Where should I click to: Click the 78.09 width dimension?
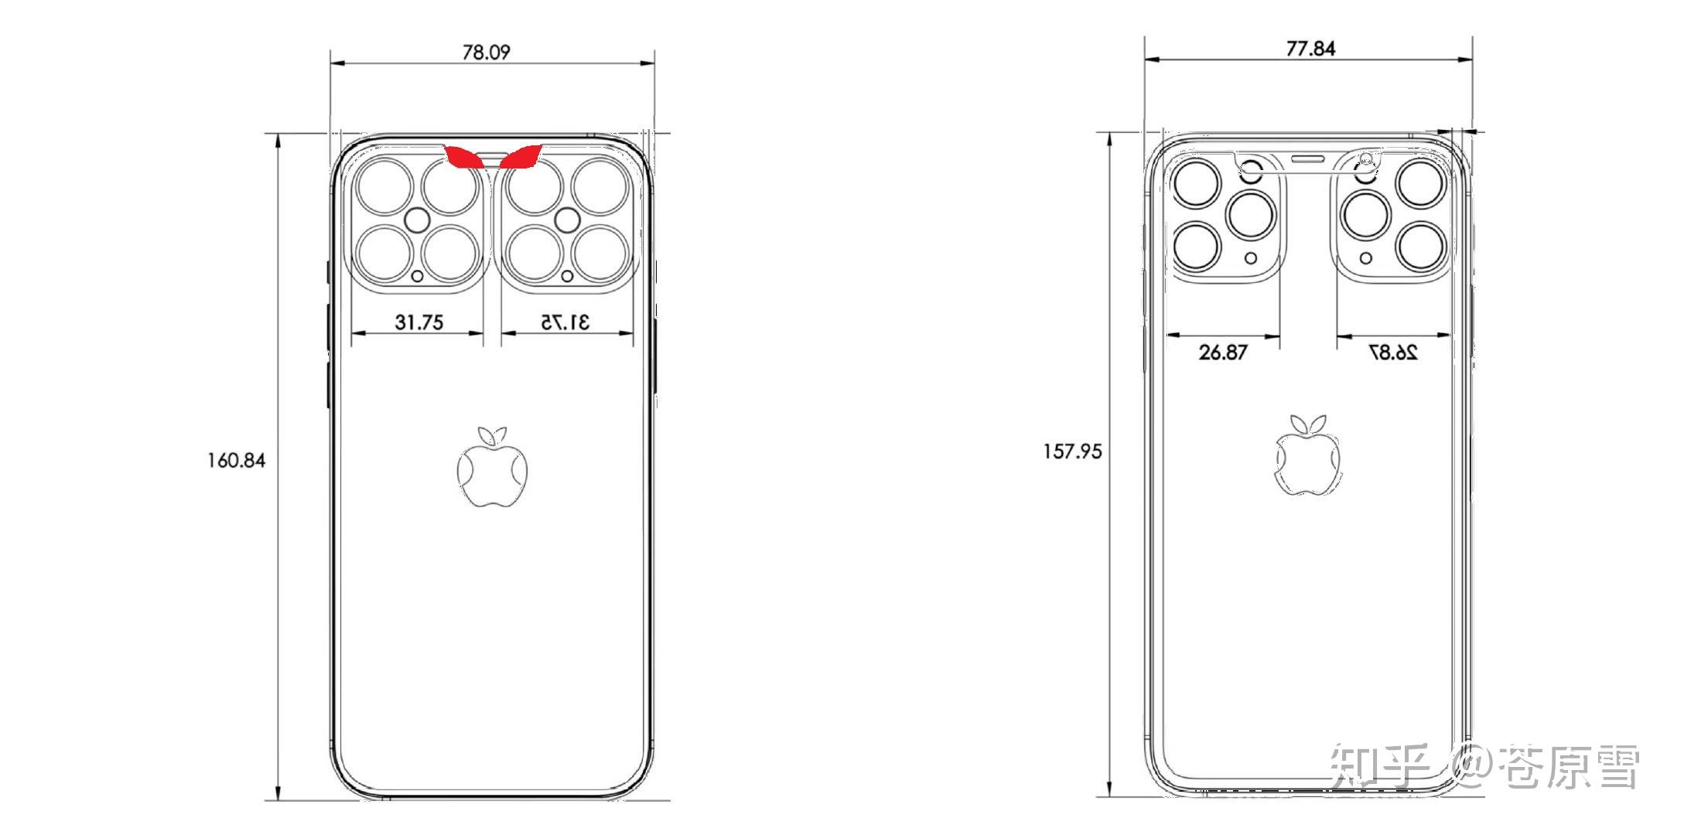pos(486,52)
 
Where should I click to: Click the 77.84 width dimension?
pos(1310,48)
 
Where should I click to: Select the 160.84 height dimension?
pos(236,461)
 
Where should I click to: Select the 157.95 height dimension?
pos(1071,452)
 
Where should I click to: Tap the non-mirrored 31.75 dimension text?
pos(418,322)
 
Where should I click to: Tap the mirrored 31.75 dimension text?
pos(565,322)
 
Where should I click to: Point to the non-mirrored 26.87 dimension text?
pos(1223,353)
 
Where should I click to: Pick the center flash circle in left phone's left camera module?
pos(418,220)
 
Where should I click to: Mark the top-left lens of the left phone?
pos(384,186)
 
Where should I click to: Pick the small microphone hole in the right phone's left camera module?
pos(1250,258)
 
